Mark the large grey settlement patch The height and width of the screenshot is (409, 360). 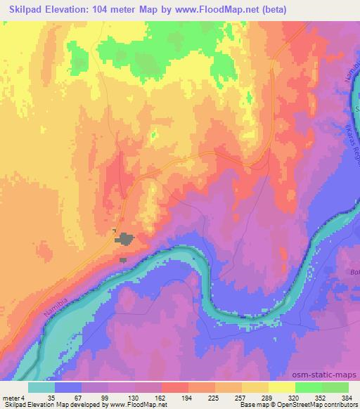(127, 240)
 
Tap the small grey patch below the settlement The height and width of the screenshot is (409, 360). (124, 260)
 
